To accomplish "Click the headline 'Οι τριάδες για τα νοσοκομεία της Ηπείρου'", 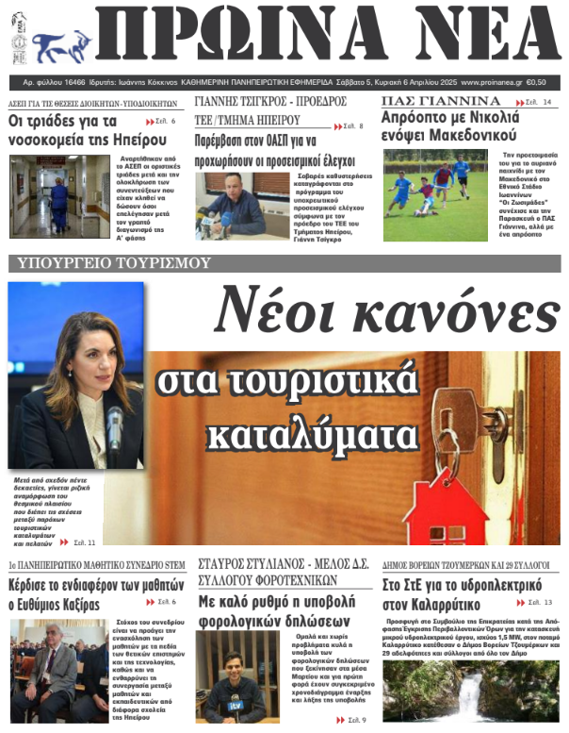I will (75, 130).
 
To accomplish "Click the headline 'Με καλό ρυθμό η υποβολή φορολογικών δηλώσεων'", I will (273, 611).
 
